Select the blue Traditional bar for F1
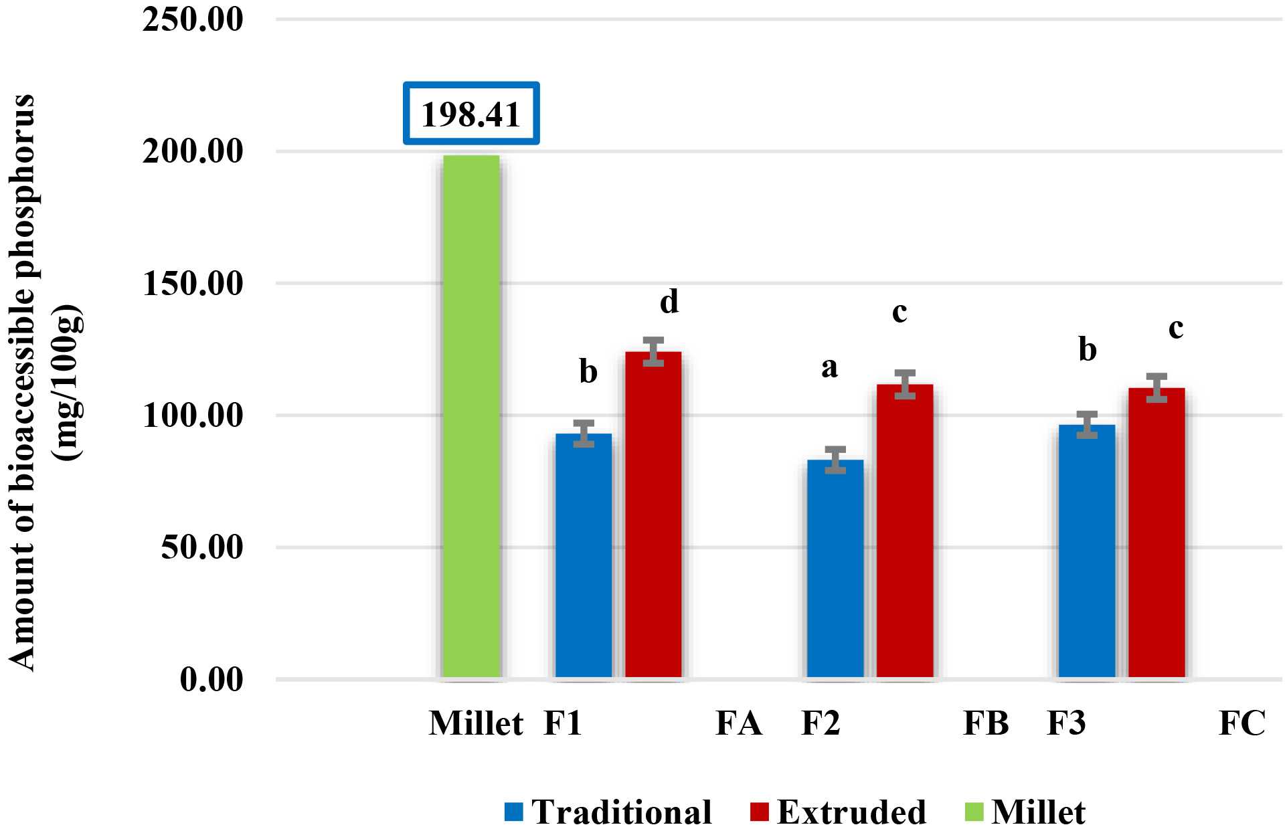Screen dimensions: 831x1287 point(584,555)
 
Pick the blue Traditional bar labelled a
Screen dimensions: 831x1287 point(835,569)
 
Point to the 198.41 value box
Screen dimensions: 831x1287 point(471,114)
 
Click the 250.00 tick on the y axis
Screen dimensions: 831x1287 point(193,20)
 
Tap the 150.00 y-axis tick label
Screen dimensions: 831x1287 point(193,284)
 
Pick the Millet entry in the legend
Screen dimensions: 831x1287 point(1028,812)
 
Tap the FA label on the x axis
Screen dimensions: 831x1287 point(739,724)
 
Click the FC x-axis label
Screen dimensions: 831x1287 point(1242,724)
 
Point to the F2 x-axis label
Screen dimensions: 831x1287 point(821,724)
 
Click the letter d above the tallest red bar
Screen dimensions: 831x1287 point(669,302)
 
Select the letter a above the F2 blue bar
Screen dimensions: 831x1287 point(829,367)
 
